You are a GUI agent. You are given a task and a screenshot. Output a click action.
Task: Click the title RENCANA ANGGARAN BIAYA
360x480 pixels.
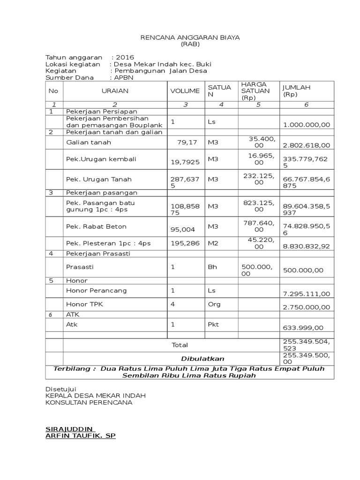pyautogui.click(x=190, y=37)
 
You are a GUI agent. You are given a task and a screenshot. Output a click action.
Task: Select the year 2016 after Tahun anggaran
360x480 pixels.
pyautogui.click(x=125, y=57)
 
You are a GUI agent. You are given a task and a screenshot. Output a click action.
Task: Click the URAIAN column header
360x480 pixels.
pyautogui.click(x=115, y=91)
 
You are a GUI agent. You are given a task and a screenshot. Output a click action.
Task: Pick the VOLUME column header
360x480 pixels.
pyautogui.click(x=185, y=91)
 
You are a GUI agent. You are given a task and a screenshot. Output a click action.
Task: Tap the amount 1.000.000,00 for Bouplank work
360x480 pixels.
pyautogui.click(x=307, y=124)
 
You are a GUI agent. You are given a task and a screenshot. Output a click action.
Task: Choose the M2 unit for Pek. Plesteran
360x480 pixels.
pyautogui.click(x=213, y=243)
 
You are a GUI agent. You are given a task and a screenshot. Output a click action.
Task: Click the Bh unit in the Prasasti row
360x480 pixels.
pyautogui.click(x=212, y=267)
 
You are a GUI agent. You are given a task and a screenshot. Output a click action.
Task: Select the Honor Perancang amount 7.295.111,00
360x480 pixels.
pyautogui.click(x=307, y=293)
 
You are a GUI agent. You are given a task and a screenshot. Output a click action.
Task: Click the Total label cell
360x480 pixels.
pyautogui.click(x=180, y=345)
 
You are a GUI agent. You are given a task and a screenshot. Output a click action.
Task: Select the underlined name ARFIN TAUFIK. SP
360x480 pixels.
pyautogui.click(x=80, y=436)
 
